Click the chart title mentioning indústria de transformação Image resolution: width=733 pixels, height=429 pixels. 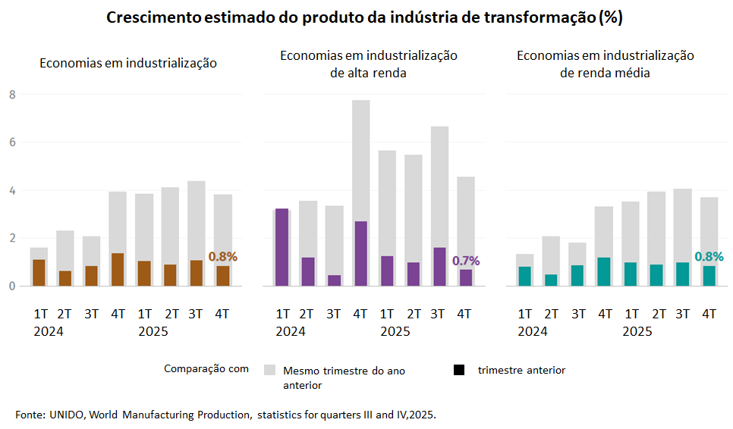[364, 18]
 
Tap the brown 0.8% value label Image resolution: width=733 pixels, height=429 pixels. [222, 257]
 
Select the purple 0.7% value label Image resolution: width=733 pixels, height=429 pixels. [466, 261]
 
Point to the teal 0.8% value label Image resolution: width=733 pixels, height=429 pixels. [709, 257]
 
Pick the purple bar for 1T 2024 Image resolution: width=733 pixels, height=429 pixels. [282, 247]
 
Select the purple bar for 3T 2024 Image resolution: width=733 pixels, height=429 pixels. [334, 280]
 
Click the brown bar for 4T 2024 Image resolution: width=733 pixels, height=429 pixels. [118, 270]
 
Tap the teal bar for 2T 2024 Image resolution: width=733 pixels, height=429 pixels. [551, 280]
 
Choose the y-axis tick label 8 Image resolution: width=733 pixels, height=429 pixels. [12, 95]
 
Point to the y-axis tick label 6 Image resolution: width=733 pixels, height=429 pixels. [12, 142]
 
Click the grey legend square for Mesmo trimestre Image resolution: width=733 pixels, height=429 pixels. [269, 370]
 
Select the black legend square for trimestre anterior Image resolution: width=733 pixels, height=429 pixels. [458, 370]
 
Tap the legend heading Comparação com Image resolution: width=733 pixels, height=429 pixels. [206, 369]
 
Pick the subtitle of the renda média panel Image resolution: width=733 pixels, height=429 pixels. [606, 64]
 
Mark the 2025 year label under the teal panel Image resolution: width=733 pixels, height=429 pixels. [637, 332]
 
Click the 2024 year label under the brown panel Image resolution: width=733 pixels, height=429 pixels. [49, 332]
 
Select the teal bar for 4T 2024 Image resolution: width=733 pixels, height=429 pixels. [605, 272]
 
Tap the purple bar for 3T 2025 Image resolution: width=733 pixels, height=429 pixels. [439, 267]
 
